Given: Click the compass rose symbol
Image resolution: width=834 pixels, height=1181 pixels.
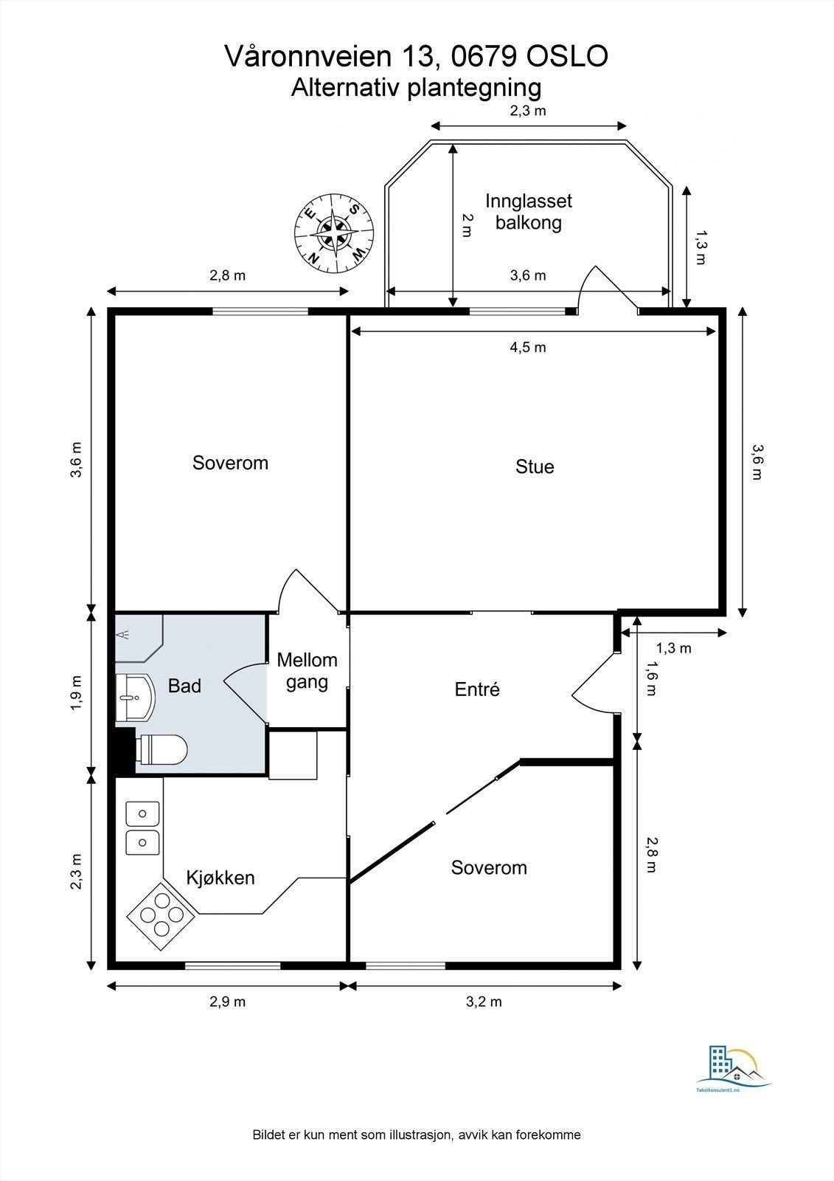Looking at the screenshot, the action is point(334,233).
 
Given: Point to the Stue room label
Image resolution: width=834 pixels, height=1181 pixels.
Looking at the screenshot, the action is point(535,466).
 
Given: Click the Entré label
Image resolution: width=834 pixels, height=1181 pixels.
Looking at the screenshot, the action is point(477,689).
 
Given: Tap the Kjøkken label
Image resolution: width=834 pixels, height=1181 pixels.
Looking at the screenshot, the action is point(220,878).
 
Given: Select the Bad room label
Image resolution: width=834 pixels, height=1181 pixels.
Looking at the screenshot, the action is point(184,686).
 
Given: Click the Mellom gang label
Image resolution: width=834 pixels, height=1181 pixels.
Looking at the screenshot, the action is point(307,671).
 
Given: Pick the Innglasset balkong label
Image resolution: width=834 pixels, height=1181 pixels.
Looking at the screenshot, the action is point(529,211).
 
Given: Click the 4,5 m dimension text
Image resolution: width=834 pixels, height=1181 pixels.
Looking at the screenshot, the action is point(528,347).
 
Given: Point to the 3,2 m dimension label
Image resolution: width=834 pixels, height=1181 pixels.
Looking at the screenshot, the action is point(484,1001).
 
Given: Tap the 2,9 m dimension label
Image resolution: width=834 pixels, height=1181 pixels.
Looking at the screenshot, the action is point(228,1001).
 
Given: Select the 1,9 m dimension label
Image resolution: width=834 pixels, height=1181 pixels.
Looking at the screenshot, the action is point(76,693).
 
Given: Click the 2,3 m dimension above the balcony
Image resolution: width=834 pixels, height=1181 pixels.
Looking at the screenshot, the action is point(527,111).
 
